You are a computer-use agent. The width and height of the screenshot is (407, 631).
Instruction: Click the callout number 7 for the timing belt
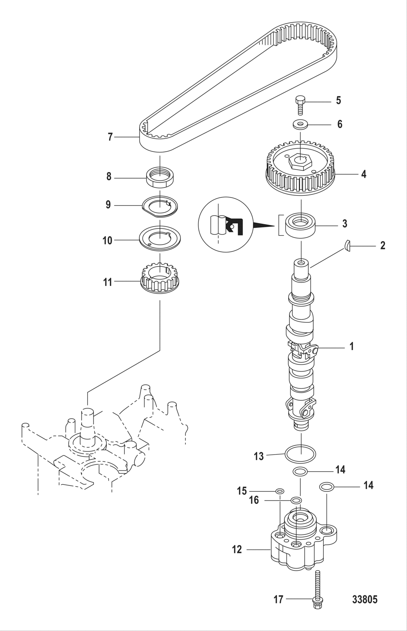click(110, 137)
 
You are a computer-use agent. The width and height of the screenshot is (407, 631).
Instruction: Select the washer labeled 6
click(300, 125)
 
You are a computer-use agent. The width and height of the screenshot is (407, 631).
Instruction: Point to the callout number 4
click(363, 174)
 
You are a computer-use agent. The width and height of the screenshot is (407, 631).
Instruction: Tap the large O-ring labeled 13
click(300, 454)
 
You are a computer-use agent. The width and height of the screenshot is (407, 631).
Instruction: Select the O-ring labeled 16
click(297, 500)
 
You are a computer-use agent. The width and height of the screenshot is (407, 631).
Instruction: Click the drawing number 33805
click(364, 599)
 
